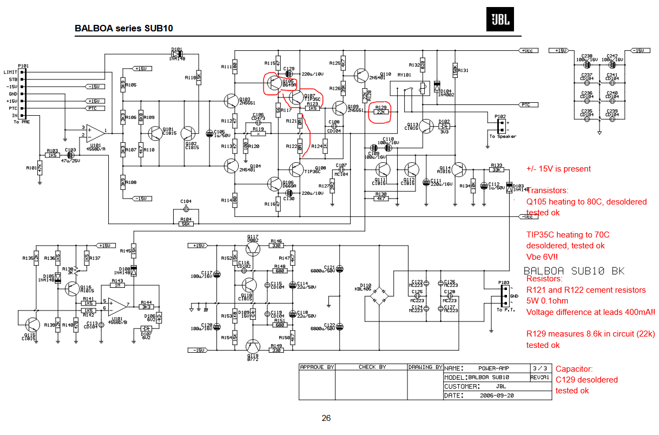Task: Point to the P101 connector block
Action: [x=22, y=94]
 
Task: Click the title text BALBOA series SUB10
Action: [x=124, y=28]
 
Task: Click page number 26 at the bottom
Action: [x=326, y=418]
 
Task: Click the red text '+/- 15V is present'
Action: [x=558, y=169]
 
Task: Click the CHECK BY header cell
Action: [x=372, y=367]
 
